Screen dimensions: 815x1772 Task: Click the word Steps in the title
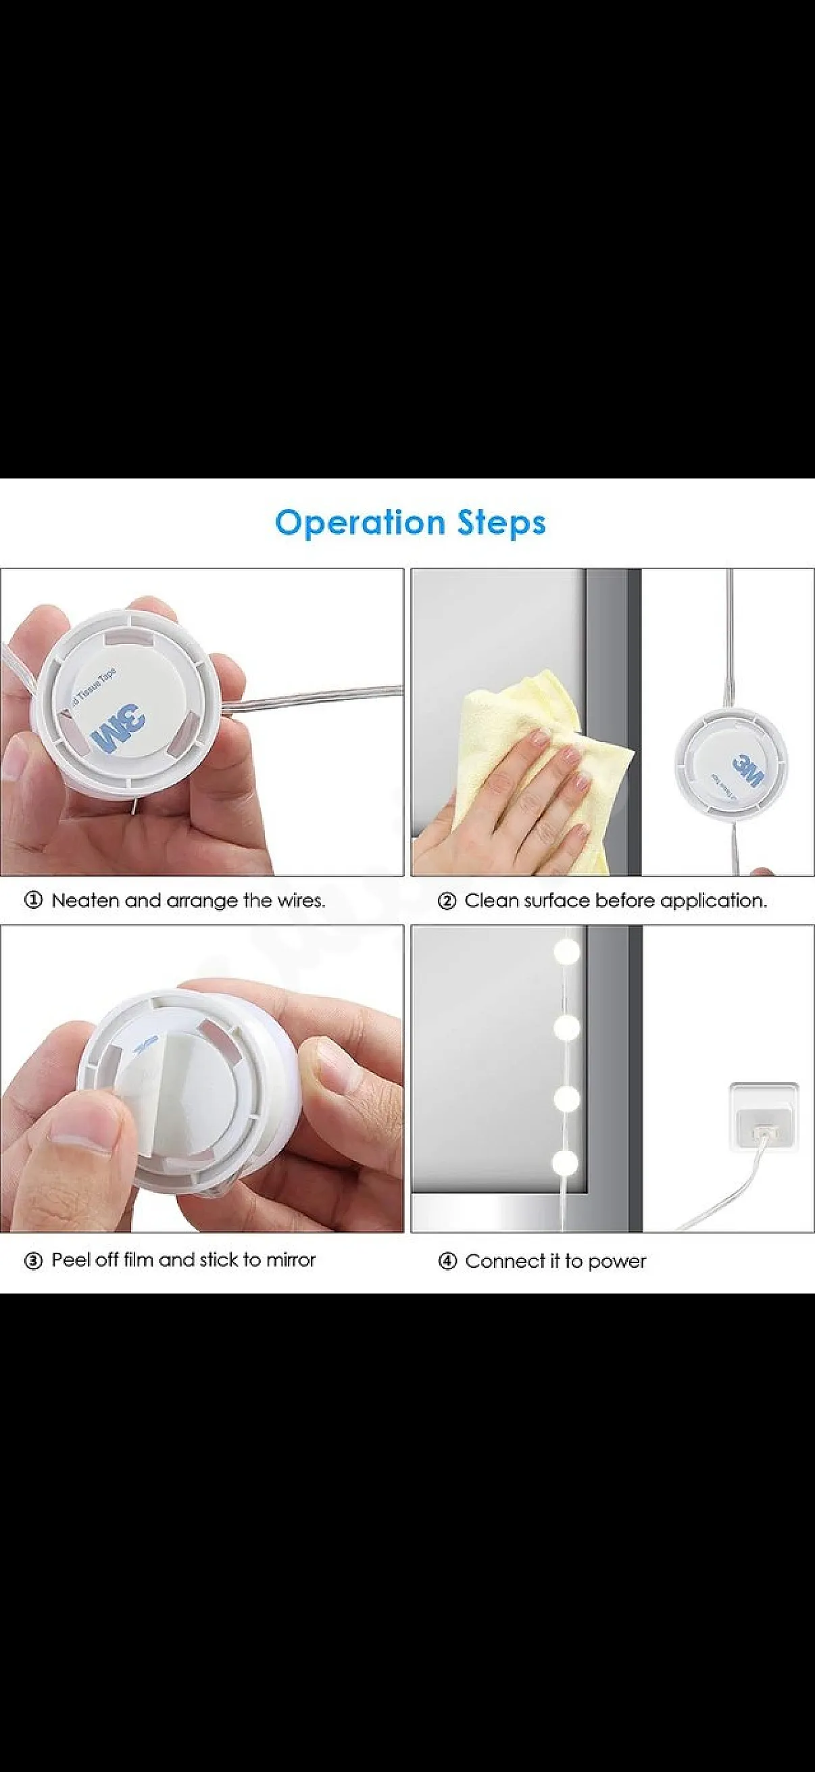click(x=501, y=522)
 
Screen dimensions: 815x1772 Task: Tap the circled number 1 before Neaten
click(x=34, y=900)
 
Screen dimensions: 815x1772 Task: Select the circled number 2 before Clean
click(x=447, y=900)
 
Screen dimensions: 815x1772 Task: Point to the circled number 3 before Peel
click(x=34, y=1261)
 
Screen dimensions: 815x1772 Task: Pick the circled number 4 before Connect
click(x=447, y=1262)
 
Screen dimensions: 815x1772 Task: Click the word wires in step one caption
click(x=301, y=900)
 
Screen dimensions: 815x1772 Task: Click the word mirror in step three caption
click(x=291, y=1260)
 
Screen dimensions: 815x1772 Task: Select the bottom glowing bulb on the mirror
click(x=568, y=1163)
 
